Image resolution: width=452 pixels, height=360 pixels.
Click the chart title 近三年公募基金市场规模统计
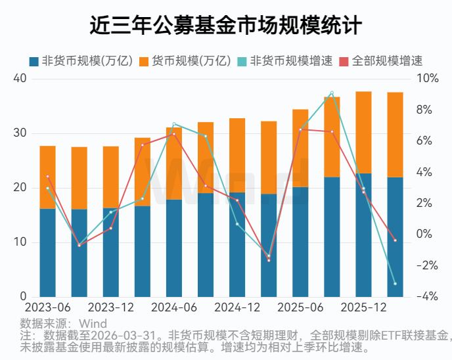[225, 26]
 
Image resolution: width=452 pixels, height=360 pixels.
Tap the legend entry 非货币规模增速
[290, 60]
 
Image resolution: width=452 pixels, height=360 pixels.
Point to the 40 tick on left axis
[20, 78]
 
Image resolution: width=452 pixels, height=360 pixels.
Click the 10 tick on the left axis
[20, 242]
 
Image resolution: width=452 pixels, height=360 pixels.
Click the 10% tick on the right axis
[427, 78]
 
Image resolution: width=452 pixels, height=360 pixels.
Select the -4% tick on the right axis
[427, 297]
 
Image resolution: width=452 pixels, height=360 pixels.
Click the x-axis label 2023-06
[47, 307]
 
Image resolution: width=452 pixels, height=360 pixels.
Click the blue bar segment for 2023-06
[47, 253]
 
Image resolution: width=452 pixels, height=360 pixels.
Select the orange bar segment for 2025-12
[363, 131]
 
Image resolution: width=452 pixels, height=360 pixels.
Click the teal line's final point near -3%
[395, 284]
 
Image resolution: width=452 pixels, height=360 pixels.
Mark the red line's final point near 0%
[395, 240]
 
